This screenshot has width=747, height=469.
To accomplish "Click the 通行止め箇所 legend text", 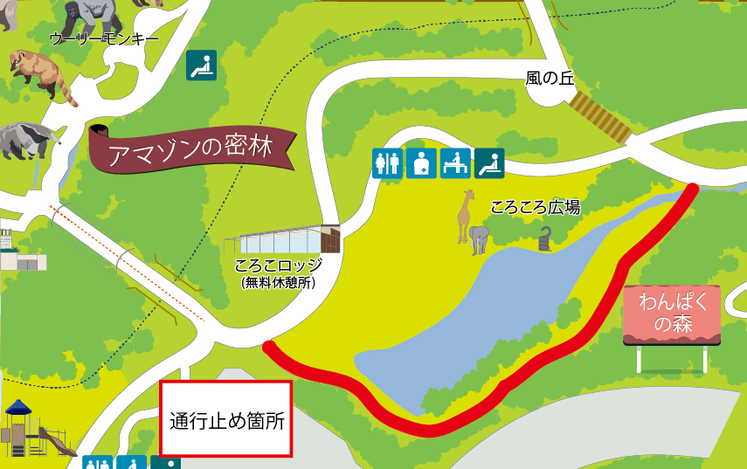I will (x=226, y=420).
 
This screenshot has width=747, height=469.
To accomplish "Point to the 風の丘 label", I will (x=549, y=78).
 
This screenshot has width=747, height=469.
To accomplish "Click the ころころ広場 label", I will (x=535, y=208).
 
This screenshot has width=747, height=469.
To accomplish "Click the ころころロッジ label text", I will (x=279, y=266).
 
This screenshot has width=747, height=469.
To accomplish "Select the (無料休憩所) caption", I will (x=279, y=282).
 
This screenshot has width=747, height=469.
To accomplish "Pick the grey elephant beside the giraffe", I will (x=480, y=238).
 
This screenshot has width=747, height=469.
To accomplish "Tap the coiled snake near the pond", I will (x=546, y=238).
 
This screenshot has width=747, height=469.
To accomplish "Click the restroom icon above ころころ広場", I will (x=386, y=163).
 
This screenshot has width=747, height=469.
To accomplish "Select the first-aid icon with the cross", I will (x=421, y=163).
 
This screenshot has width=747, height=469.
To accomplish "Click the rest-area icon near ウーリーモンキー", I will (x=201, y=65).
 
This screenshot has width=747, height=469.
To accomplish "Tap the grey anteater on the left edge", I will (x=26, y=139).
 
